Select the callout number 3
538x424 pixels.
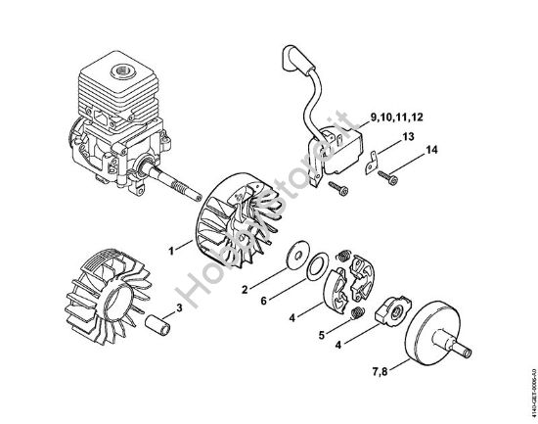coord(179,307)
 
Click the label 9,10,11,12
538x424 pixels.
coord(391,118)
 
